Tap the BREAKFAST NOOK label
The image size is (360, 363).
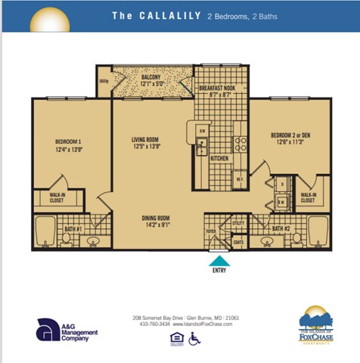[x=219, y=88]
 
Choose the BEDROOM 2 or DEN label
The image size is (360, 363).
[x=286, y=137]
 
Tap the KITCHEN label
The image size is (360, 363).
[x=219, y=158]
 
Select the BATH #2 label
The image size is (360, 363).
[x=281, y=228]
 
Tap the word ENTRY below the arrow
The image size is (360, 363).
[x=219, y=270]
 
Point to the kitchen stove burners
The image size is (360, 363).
[x=240, y=143]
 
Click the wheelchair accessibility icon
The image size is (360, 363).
[x=194, y=338]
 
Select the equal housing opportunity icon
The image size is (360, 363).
[x=177, y=338]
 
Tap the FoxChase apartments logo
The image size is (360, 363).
[x=315, y=325]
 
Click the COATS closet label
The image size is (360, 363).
[x=239, y=242]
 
